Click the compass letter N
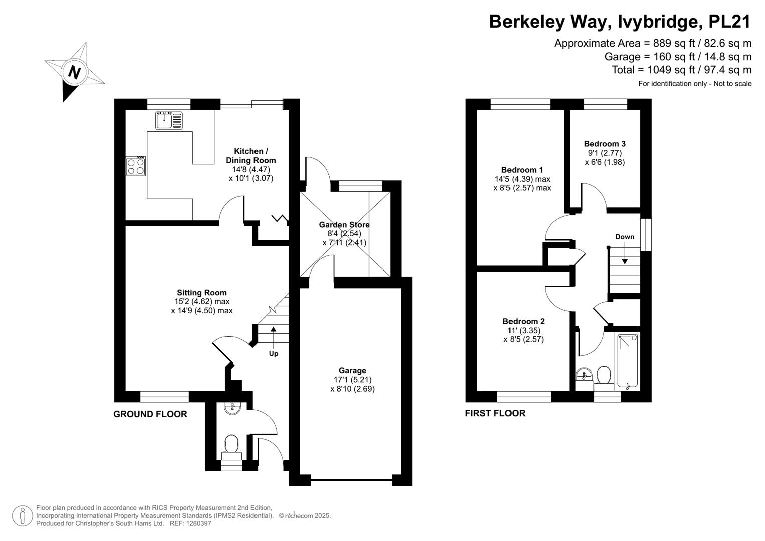point(74,73)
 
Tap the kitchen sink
point(169,120)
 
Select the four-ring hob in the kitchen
point(136,166)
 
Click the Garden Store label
point(344,225)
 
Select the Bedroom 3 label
point(605,144)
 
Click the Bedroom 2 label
point(524,321)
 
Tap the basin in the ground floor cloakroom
point(232,408)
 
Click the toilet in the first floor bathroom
point(604,376)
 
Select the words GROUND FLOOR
point(150,414)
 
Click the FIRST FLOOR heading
point(495,413)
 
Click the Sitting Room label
point(201,293)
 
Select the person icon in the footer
point(23,516)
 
